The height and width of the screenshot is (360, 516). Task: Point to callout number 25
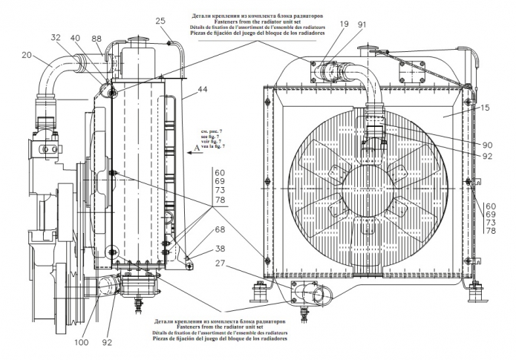(x=159, y=21)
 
